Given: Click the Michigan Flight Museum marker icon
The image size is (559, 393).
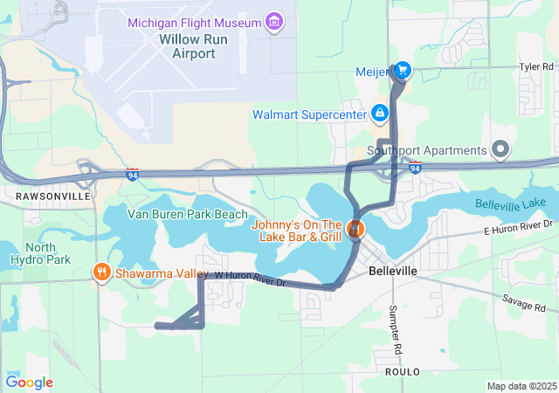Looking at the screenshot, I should point(274,20).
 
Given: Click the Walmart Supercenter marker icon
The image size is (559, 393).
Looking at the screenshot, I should point(380,114).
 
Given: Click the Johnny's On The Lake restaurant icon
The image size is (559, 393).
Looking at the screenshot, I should point(355,231).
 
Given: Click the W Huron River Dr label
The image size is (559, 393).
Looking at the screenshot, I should point(251,279).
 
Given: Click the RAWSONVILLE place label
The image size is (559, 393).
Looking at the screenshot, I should point(53,197).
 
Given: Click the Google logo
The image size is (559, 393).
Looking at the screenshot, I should point(29,383).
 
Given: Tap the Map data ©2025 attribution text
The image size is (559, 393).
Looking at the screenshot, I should point(521,386).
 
